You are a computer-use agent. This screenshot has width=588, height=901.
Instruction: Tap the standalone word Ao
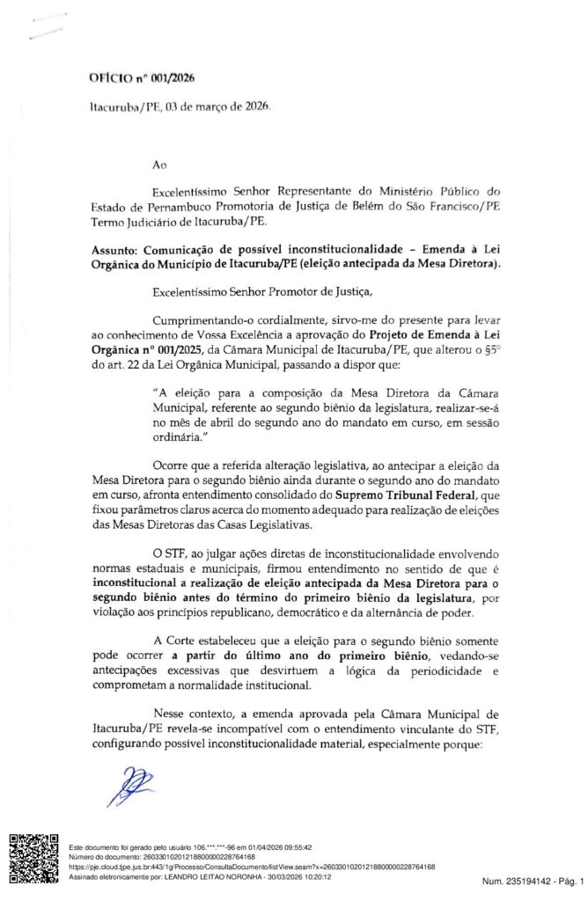[x=158, y=164]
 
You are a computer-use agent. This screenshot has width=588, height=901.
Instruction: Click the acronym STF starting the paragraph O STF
[x=176, y=553]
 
